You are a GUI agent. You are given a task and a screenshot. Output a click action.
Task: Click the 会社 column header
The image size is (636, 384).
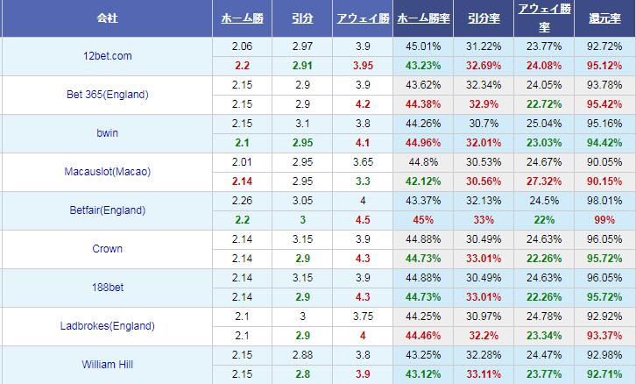[x=106, y=17]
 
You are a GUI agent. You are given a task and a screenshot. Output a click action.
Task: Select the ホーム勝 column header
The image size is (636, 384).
[x=241, y=17]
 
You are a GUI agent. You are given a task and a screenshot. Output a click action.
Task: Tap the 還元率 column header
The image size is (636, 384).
[x=604, y=17]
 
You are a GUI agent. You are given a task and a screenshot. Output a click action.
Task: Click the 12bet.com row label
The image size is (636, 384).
[x=106, y=55]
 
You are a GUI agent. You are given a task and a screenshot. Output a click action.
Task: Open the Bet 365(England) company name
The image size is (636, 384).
[x=106, y=94]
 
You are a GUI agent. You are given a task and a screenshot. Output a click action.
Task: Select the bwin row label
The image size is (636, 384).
[x=106, y=132]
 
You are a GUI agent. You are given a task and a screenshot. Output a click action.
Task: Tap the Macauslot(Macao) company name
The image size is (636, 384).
[x=106, y=171]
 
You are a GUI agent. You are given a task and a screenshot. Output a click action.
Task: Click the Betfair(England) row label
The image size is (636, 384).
[x=106, y=210]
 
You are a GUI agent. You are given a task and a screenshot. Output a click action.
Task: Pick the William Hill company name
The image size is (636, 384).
[x=106, y=364]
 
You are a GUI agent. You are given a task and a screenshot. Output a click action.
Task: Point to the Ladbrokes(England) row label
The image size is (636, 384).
[x=106, y=325]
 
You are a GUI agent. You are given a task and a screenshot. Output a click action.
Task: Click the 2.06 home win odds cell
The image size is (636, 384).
[x=241, y=46]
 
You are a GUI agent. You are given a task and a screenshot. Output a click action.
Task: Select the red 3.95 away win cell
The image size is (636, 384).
[x=362, y=65]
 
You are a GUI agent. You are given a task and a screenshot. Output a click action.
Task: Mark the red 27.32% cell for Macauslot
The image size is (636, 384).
[x=544, y=181]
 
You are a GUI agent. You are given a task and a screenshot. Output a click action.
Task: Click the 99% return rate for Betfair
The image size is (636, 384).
[x=604, y=219]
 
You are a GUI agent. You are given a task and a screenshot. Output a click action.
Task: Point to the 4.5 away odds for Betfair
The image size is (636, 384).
[x=362, y=219]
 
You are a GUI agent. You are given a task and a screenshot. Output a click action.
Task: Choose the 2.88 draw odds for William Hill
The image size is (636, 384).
[x=301, y=354]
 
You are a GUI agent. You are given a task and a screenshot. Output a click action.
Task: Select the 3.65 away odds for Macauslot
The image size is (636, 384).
[x=362, y=161]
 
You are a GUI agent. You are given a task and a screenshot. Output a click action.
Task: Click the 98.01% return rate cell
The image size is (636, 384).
[x=604, y=200]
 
